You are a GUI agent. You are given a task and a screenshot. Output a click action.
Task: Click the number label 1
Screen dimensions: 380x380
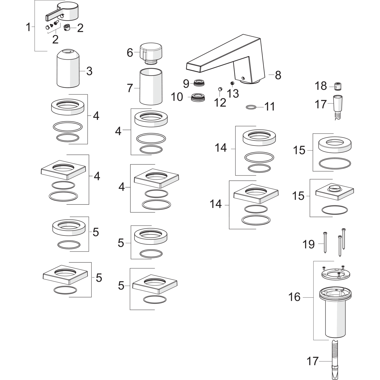click(x=28, y=27)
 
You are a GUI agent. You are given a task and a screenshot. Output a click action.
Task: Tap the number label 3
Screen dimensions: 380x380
click(x=89, y=71)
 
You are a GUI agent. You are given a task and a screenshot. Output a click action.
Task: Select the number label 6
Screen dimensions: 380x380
click(x=130, y=53)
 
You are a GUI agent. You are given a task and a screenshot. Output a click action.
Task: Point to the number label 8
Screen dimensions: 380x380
click(x=278, y=75)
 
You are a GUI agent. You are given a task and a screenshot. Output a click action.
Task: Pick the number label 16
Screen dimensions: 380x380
click(x=294, y=297)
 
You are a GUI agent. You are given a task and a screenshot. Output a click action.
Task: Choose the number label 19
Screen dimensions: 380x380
click(x=309, y=244)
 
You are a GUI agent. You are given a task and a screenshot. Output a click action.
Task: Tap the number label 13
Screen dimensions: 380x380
click(x=233, y=94)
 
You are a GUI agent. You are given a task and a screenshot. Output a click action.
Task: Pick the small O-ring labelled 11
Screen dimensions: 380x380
click(x=251, y=107)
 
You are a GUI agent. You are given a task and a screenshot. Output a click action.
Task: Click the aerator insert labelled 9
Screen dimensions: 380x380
click(x=199, y=82)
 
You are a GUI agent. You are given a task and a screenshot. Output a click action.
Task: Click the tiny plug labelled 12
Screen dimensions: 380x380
click(x=220, y=89)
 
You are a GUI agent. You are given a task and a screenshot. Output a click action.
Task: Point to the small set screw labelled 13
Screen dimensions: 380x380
click(x=232, y=83)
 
